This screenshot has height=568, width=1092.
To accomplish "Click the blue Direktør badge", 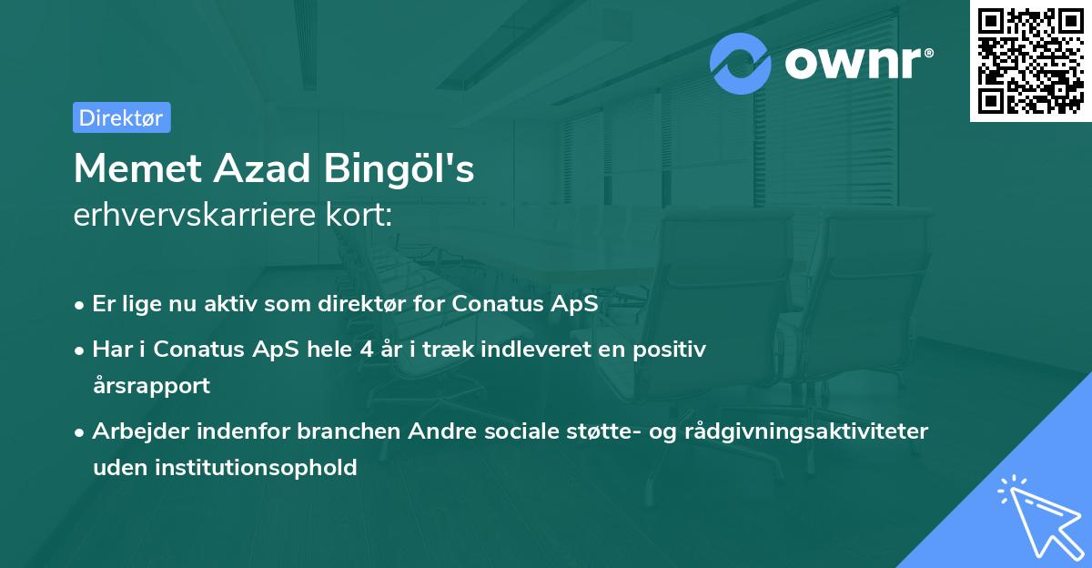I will click(x=121, y=117).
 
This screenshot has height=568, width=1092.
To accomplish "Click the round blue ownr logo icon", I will click(x=741, y=64).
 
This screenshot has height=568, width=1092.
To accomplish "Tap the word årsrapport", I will click(x=151, y=385).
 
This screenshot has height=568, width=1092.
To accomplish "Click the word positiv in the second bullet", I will click(x=674, y=349).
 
